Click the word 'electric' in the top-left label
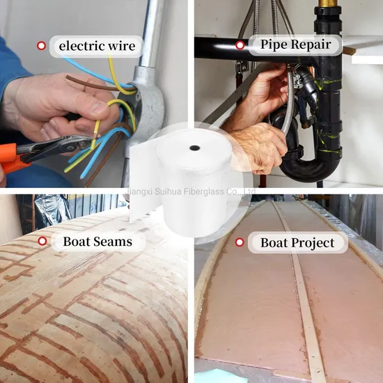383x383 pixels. pyautogui.click(x=82, y=46)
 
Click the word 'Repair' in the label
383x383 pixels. pyautogui.click(x=311, y=45)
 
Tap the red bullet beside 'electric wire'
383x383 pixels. pyautogui.click(x=41, y=46)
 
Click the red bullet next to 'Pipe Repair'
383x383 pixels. pyautogui.click(x=240, y=45)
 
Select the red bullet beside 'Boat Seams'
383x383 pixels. pyautogui.click(x=42, y=241)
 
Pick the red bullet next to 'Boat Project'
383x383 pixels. pyautogui.click(x=240, y=242)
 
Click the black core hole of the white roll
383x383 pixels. pyautogui.click(x=195, y=148)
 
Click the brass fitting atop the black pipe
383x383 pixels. pyautogui.click(x=328, y=3)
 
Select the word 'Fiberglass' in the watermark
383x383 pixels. pyautogui.click(x=203, y=191)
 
